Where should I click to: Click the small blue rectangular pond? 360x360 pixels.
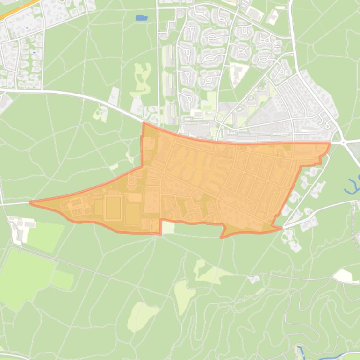point(140,18)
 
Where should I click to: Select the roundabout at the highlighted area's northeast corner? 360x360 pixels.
point(343,142)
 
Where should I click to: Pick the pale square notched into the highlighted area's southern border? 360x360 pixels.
point(168,228)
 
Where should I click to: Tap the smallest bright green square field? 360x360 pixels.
point(62,280)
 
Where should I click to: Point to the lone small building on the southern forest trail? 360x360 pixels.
point(254,279)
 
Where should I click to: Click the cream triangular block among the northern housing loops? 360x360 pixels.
point(239,72)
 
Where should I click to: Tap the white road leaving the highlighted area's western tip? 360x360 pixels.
point(14,204)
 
